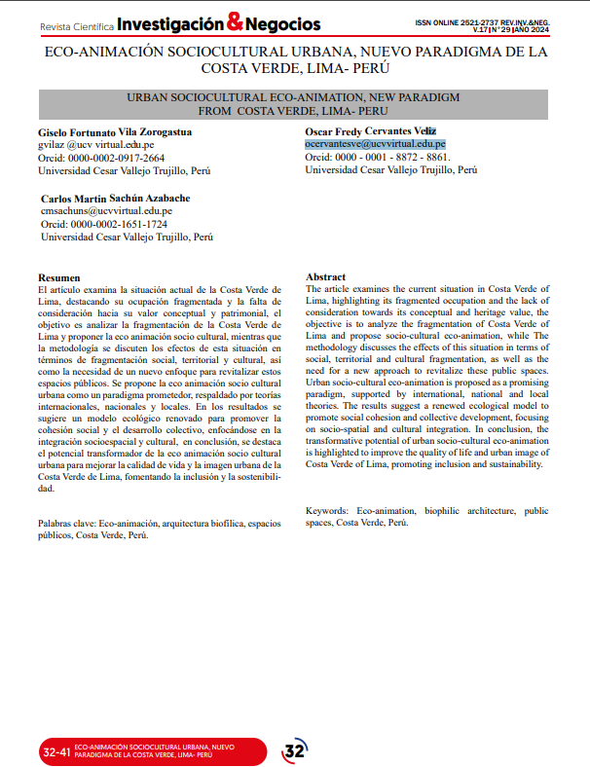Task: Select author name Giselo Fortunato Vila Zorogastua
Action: pos(115,130)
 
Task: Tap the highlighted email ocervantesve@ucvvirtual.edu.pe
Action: pos(376,143)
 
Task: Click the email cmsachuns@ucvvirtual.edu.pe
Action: pos(107,210)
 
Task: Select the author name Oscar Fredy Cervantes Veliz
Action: pos(370,130)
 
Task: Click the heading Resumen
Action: pos(58,277)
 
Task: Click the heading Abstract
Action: pos(326,277)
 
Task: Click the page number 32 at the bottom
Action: pos(294,750)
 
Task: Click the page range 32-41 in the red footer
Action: pos(56,751)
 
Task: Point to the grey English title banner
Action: pos(294,104)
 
